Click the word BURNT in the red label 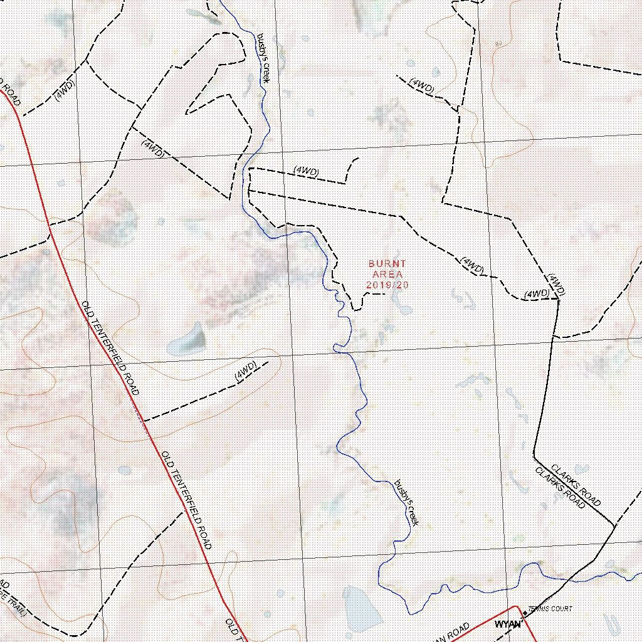click(x=387, y=264)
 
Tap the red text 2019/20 click(x=387, y=285)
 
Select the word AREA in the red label click(x=387, y=274)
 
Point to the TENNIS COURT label click(x=550, y=609)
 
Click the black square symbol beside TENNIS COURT click(x=525, y=613)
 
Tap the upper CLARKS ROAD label click(x=576, y=485)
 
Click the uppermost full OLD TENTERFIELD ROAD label click(x=110, y=347)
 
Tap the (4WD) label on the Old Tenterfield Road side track click(x=246, y=371)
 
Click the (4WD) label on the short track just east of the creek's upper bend click(x=307, y=171)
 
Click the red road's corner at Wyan click(x=515, y=607)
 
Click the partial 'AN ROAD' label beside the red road click(x=450, y=632)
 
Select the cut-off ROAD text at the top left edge click(x=11, y=93)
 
